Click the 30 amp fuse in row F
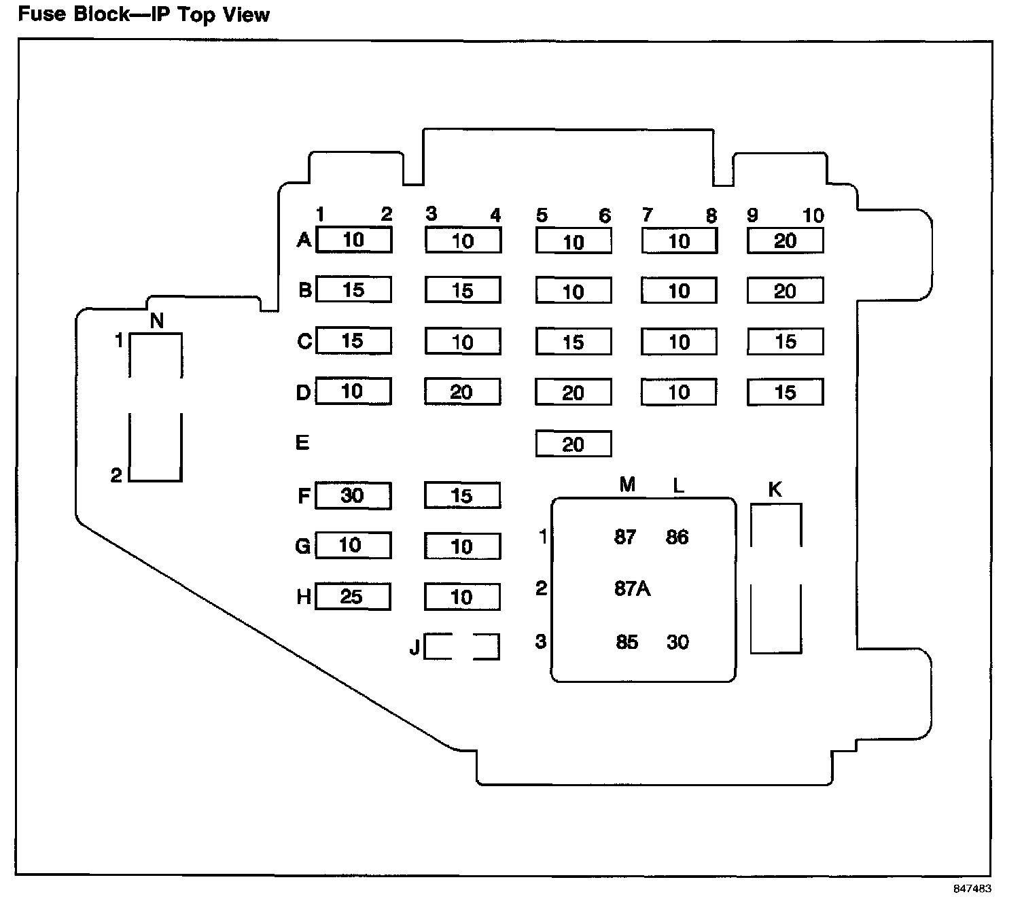point(353,495)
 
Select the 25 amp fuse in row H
point(352,597)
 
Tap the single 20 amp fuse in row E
point(574,444)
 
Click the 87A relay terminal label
point(632,588)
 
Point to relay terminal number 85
point(627,642)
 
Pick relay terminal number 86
point(677,537)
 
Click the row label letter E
point(302,443)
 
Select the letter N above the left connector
point(157,321)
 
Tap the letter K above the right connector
point(775,489)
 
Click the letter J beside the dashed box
point(415,648)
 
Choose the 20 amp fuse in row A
point(785,241)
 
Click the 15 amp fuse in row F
point(462,495)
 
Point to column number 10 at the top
point(813,216)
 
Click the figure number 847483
point(972,889)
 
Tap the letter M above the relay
point(627,484)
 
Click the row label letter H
point(304,597)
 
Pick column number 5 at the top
point(542,216)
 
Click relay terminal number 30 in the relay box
point(677,642)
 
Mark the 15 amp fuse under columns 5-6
point(574,342)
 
